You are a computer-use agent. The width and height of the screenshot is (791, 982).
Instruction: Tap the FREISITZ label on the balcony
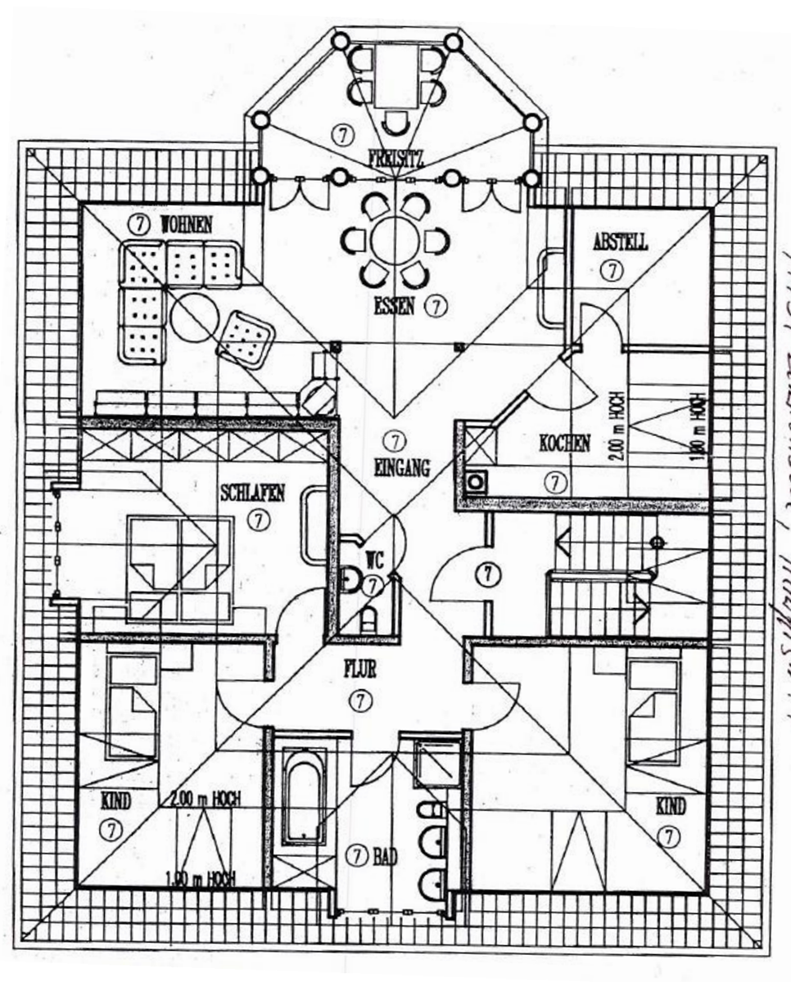click(395, 158)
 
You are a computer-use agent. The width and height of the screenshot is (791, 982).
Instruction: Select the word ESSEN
click(395, 307)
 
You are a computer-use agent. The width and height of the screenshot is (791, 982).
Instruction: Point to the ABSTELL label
click(620, 242)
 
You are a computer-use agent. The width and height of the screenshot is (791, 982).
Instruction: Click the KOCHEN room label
click(564, 444)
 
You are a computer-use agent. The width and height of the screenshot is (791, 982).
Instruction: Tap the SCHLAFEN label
click(252, 493)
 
